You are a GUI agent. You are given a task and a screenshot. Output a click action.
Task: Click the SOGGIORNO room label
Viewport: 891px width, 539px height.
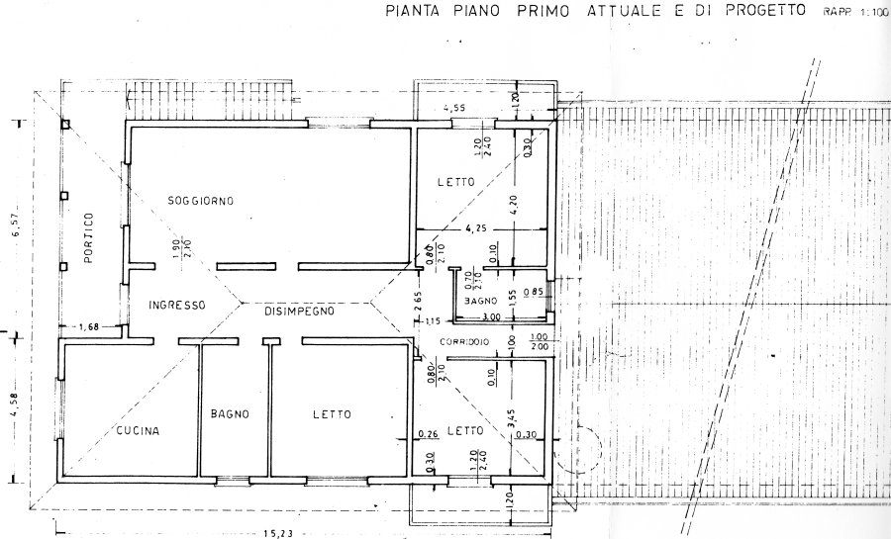point(200,201)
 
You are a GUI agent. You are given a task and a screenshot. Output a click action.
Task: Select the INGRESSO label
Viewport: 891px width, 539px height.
point(176,306)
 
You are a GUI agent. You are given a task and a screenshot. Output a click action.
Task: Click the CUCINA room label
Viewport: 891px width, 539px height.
point(138,431)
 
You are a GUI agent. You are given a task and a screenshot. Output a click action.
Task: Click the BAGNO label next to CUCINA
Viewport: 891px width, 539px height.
point(229,414)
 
